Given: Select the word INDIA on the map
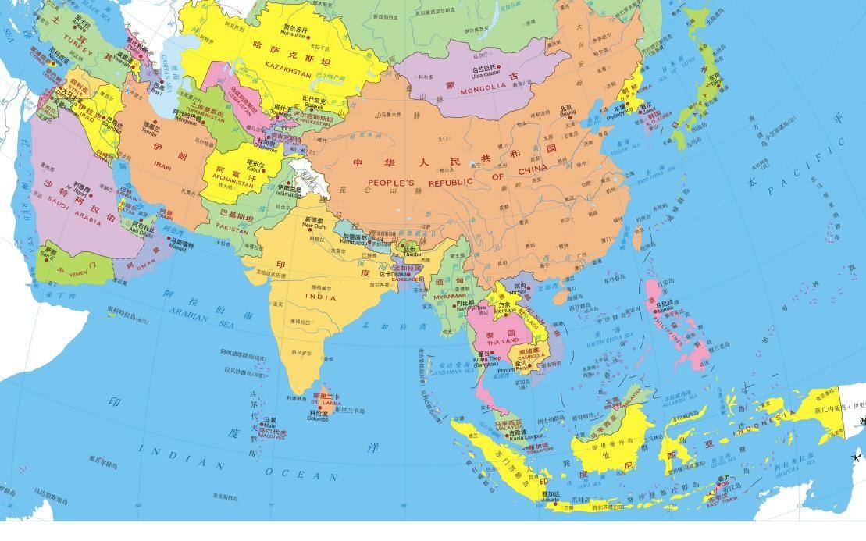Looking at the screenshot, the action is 320,297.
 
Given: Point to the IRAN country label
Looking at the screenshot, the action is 162,166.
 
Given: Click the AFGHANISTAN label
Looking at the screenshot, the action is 233,176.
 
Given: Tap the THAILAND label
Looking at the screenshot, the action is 502,341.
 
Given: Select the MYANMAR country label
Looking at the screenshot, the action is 449,297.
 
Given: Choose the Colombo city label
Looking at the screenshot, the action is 318,418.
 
